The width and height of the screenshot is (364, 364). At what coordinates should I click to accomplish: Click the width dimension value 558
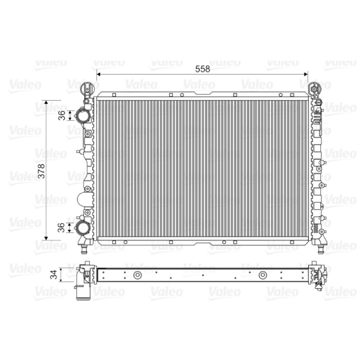[202, 69]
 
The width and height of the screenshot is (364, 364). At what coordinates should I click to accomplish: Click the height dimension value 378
[41, 171]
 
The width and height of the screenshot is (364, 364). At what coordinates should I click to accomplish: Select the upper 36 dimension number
[62, 116]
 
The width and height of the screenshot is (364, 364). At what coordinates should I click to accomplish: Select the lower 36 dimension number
[61, 227]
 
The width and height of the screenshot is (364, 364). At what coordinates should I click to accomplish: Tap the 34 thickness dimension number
[54, 274]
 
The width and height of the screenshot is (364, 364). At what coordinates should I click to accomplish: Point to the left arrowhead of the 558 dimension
[98, 74]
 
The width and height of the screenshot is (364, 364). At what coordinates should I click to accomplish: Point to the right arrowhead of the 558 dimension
[306, 74]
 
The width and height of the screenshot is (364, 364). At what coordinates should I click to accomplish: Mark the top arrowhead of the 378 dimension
[46, 102]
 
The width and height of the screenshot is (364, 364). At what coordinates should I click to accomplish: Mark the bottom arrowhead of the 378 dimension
[46, 238]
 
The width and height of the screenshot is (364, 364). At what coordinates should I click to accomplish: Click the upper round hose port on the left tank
[82, 115]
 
